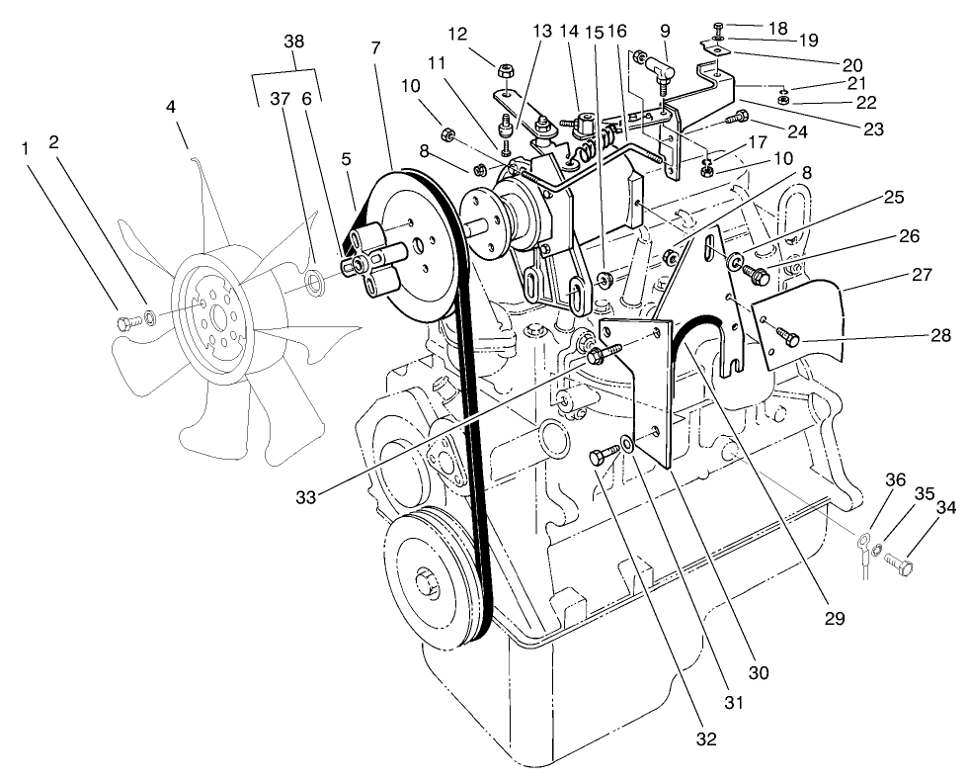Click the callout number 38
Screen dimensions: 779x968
pyautogui.click(x=293, y=42)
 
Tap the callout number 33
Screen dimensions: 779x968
pyautogui.click(x=306, y=497)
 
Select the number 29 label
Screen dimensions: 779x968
pyautogui.click(x=835, y=619)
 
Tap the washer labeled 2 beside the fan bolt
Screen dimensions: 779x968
pyautogui.click(x=148, y=317)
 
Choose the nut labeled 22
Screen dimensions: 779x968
pyautogui.click(x=781, y=100)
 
